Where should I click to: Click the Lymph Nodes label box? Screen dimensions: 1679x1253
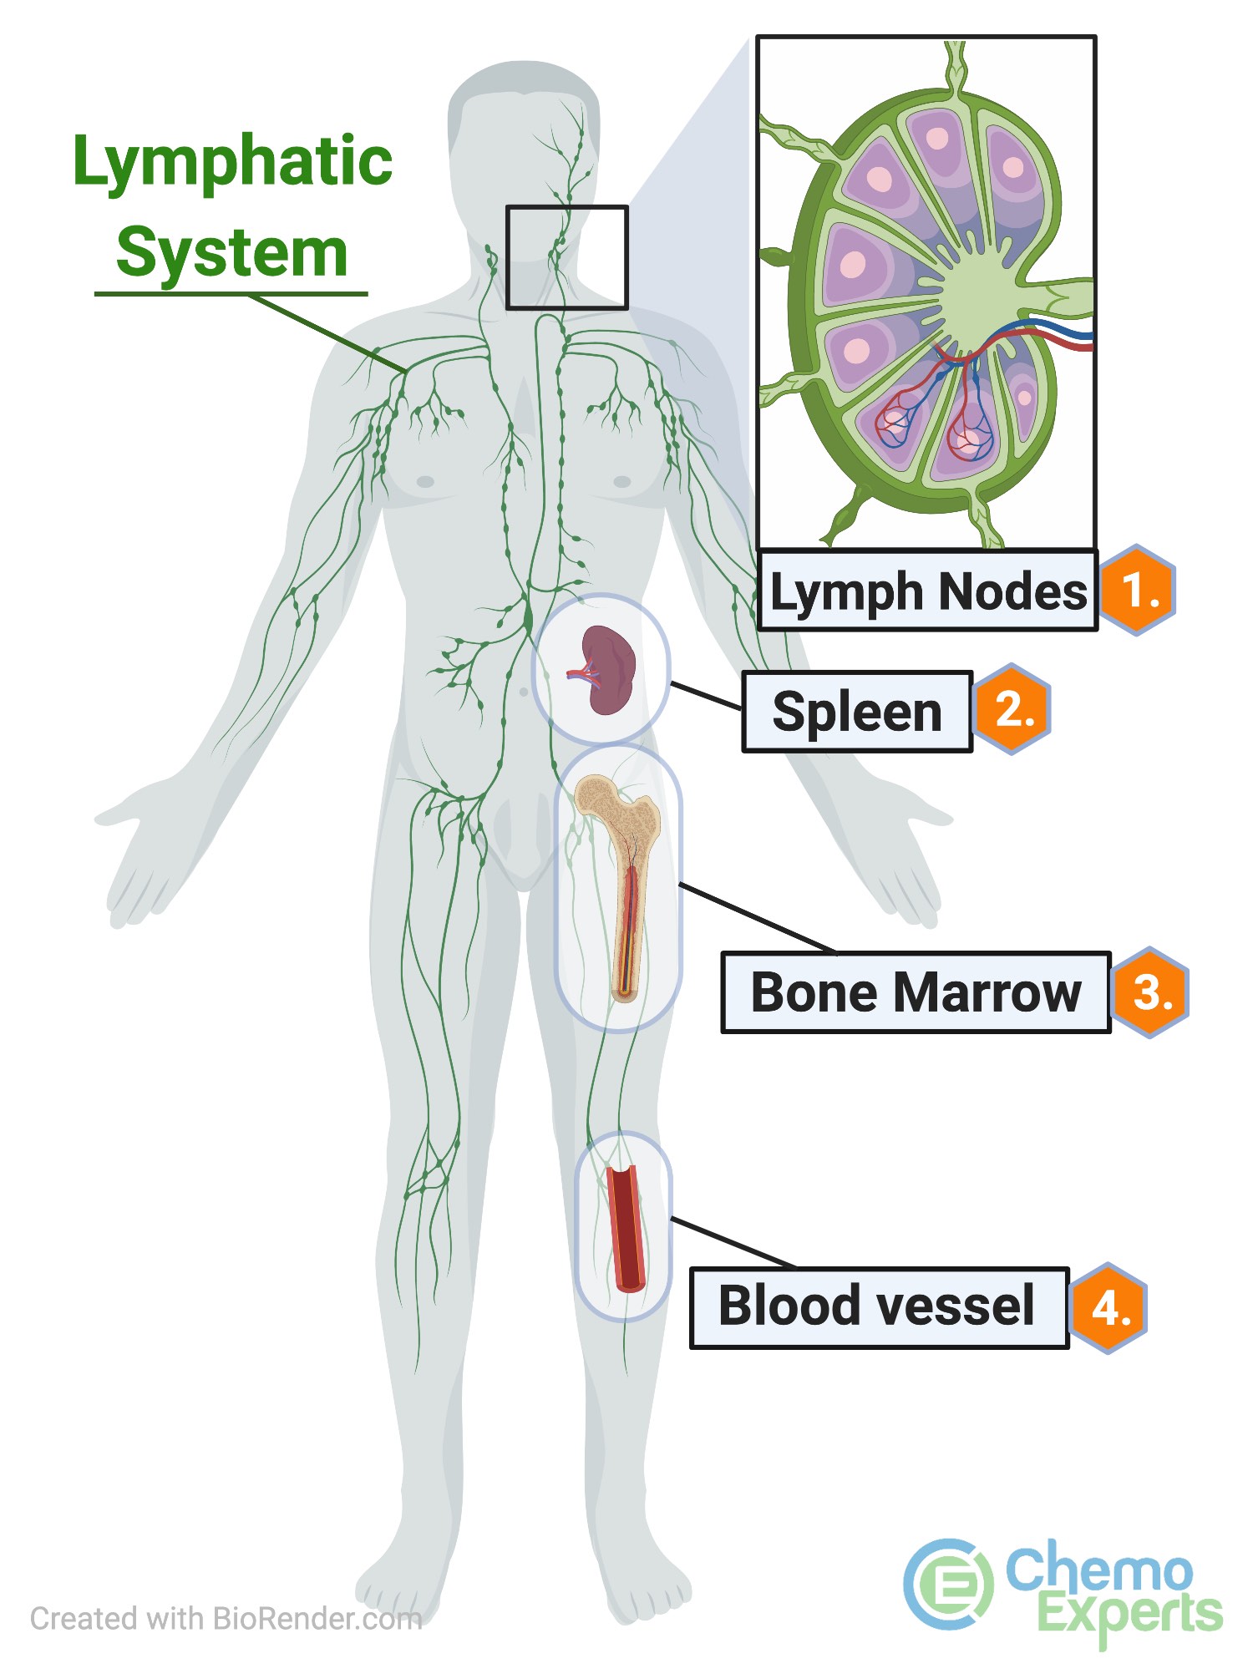pos(927,591)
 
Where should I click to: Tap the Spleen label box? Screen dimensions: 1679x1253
pos(857,712)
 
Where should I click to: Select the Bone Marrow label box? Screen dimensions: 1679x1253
pos(916,992)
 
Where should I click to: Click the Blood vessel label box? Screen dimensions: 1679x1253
pos(879,1307)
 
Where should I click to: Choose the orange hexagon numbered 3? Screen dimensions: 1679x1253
pos(1151,992)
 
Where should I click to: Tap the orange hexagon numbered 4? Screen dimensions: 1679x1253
pos(1110,1307)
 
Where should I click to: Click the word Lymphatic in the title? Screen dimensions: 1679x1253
pos(232,162)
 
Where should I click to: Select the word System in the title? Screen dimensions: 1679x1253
pos(231,252)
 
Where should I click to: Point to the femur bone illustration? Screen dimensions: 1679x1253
pos(622,877)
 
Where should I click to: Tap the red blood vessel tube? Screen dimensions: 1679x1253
pos(625,1228)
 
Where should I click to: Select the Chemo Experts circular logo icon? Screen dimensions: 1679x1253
pos(948,1584)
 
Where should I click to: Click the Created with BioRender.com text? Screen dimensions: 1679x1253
pos(226,1619)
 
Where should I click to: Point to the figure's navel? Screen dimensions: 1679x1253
pos(524,692)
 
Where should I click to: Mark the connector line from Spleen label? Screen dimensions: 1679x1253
pos(706,696)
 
